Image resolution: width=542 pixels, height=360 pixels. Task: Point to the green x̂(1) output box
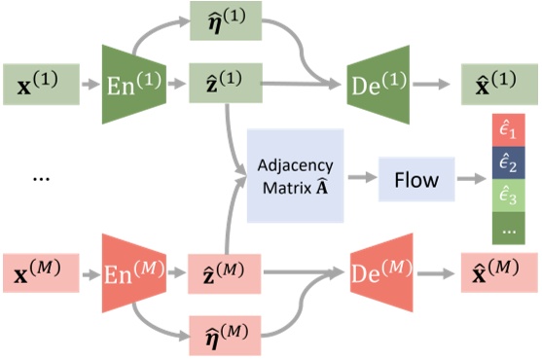click(x=483, y=86)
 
